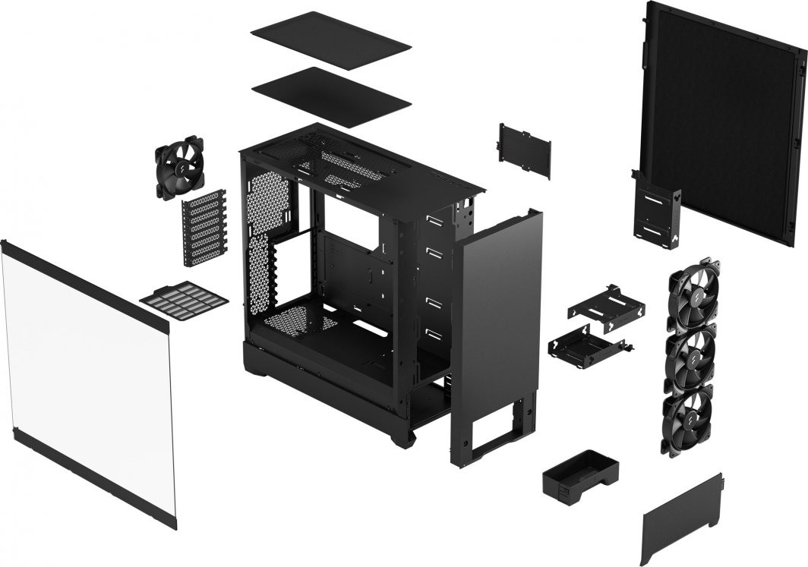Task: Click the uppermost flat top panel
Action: (x=330, y=39)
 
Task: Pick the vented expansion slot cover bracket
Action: (x=204, y=228)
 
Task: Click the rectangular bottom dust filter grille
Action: (x=184, y=301)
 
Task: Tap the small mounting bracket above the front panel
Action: (x=525, y=150)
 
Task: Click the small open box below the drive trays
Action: (x=580, y=474)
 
